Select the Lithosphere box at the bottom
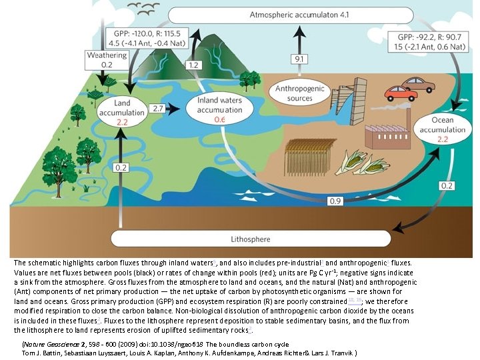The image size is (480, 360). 250,238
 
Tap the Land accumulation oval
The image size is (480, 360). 122,112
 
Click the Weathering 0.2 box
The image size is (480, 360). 107,60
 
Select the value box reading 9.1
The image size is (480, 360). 299,60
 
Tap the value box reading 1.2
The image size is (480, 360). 194,65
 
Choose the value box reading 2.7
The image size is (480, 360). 159,108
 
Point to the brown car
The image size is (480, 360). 419,85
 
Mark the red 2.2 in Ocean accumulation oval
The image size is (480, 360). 442,139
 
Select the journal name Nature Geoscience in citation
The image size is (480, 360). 53,343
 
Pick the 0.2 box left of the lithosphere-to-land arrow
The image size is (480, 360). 121,167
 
